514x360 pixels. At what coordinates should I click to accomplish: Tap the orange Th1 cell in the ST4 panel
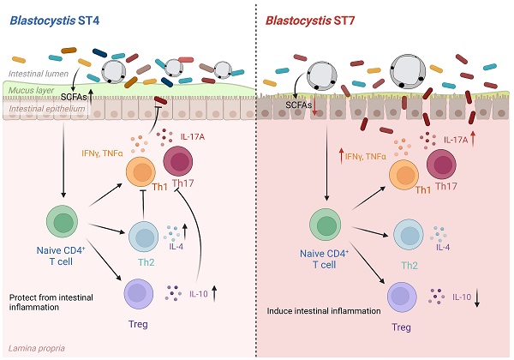[141, 174]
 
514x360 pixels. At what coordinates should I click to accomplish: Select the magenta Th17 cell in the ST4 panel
[179, 163]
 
